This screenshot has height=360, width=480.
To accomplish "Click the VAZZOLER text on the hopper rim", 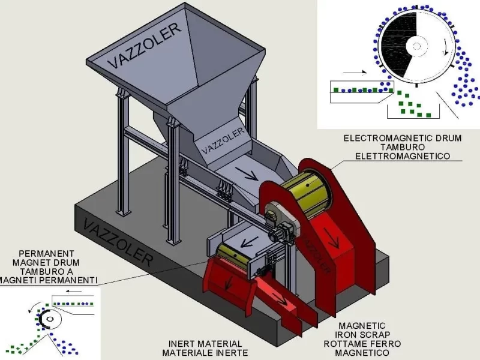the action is [x=145, y=46].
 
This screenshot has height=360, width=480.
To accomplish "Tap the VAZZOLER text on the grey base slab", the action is [x=118, y=242].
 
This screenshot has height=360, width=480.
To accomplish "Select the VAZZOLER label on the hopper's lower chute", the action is [x=223, y=140].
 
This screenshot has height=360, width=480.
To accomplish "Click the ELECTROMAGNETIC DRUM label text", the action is [x=403, y=138].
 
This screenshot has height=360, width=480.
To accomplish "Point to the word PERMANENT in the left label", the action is [x=47, y=253].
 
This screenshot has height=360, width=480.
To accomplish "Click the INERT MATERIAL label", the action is [x=205, y=344].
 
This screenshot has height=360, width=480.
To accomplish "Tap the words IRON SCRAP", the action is [x=362, y=335].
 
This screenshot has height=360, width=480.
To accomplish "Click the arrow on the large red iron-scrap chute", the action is [x=332, y=238].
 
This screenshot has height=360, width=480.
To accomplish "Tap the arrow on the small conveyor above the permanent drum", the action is [x=250, y=242].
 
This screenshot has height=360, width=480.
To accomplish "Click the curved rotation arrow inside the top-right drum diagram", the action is [x=446, y=47].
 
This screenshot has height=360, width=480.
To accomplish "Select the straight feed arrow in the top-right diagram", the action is [x=355, y=73].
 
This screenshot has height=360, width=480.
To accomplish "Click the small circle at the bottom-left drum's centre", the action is [x=50, y=319].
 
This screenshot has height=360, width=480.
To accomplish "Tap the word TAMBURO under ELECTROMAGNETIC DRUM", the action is [x=403, y=147].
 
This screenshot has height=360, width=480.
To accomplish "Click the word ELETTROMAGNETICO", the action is [x=403, y=156].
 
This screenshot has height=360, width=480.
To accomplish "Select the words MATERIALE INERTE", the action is [x=205, y=353].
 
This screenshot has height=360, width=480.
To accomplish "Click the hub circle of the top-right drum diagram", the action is [x=416, y=47].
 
